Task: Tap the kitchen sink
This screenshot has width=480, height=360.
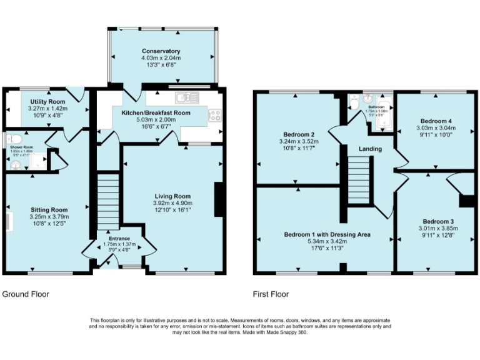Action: pyautogui.click(x=186, y=97)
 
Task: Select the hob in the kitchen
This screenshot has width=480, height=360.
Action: pyautogui.click(x=214, y=115)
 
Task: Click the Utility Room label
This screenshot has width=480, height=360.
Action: pyautogui.click(x=47, y=101)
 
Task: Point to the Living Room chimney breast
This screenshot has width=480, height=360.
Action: pyautogui.click(x=218, y=199)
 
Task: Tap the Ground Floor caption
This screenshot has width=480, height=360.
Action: pyautogui.click(x=26, y=294)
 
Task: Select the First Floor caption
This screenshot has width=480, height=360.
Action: pyautogui.click(x=271, y=294)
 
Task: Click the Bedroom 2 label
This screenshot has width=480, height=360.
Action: pyautogui.click(x=298, y=134)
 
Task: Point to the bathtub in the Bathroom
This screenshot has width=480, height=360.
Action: pyautogui.click(x=382, y=116)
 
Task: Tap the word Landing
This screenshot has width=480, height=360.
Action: pyautogui.click(x=370, y=149)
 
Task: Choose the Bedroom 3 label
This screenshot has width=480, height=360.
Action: pyautogui.click(x=438, y=221)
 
